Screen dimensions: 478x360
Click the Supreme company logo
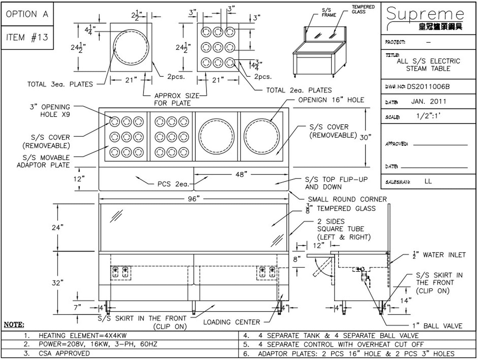(425, 18)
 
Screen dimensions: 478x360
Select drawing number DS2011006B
(428, 87)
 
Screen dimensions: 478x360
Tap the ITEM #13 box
(27, 37)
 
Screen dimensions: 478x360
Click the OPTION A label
(27, 14)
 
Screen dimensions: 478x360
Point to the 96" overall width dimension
(193, 199)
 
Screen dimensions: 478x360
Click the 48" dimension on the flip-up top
(241, 174)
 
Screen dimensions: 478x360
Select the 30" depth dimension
(365, 137)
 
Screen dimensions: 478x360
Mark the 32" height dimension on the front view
(58, 283)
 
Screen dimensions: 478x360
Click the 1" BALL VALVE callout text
(437, 326)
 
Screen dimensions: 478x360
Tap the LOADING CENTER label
(232, 322)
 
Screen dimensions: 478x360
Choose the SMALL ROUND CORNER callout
(347, 199)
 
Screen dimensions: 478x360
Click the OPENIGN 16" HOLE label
(331, 100)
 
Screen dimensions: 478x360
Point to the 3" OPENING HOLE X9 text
(50, 111)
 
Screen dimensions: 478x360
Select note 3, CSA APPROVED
(57, 353)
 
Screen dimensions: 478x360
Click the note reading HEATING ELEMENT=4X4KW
(75, 336)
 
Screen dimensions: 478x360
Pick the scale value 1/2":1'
(428, 116)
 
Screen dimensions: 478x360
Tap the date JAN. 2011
(429, 101)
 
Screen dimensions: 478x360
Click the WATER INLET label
(439, 255)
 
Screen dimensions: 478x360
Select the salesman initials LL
(428, 181)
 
